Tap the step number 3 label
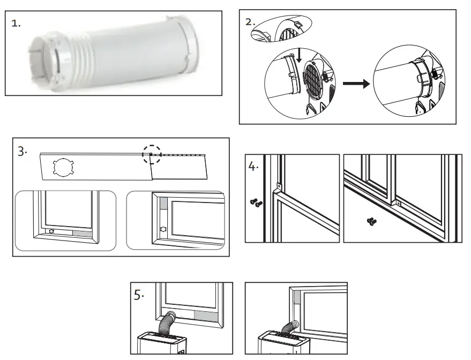(22, 152)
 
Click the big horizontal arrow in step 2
(355, 84)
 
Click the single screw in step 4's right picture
(370, 220)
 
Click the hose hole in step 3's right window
(164, 228)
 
